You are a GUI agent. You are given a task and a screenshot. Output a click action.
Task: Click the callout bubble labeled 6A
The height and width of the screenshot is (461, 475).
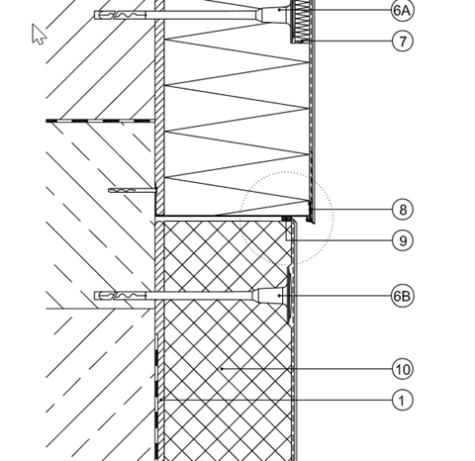pos(403,10)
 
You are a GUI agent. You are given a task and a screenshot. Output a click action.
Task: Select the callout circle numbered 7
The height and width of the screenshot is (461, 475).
pos(403,42)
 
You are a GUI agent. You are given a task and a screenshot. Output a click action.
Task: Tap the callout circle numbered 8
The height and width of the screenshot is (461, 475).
pos(403,210)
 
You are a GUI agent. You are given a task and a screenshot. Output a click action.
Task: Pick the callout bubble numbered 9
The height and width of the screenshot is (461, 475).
pos(403,240)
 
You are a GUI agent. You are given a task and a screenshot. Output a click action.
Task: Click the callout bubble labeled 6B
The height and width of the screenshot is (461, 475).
pos(403,296)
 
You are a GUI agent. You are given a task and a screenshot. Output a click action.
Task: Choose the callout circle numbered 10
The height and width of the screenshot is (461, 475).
pos(403,369)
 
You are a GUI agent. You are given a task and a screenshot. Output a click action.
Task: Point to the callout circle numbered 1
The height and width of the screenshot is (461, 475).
pos(403,401)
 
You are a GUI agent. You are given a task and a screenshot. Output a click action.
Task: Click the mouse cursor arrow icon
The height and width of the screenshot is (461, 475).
pos(39,34)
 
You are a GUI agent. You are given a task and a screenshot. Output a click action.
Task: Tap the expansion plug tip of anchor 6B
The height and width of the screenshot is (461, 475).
pos(121,296)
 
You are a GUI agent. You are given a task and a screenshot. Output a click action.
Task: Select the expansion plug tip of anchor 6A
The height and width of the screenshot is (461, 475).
pos(121,15)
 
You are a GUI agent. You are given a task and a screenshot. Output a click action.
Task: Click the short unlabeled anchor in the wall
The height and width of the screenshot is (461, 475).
pos(133,190)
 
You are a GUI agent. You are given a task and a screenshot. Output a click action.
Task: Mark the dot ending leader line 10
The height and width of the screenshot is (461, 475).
pos(222,369)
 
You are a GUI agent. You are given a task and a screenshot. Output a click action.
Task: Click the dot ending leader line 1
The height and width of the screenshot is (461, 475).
pos(160,400)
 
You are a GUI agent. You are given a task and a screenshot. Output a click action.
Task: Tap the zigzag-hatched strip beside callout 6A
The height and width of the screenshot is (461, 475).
pos(301,21)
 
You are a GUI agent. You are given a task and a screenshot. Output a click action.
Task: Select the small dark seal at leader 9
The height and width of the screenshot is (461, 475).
pos(286,219)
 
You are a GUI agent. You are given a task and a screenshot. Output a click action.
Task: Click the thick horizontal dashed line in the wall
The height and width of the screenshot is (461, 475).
pos(100,121)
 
